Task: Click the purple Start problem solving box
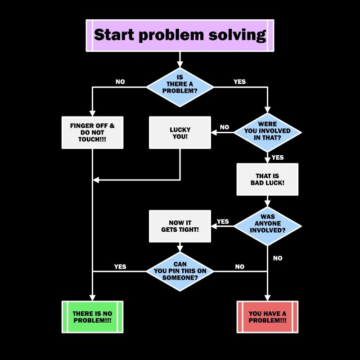180,35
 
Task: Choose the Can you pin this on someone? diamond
180,271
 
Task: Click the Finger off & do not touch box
92,132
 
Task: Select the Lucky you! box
180,132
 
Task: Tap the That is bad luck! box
267,179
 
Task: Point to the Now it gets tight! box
180,226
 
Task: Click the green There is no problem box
92,317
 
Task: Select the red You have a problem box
267,317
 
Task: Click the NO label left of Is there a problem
120,82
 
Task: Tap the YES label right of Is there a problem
240,82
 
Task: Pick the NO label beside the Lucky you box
225,127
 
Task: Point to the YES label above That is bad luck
278,157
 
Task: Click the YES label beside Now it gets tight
223,221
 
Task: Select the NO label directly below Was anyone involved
278,258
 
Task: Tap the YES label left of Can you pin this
120,266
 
